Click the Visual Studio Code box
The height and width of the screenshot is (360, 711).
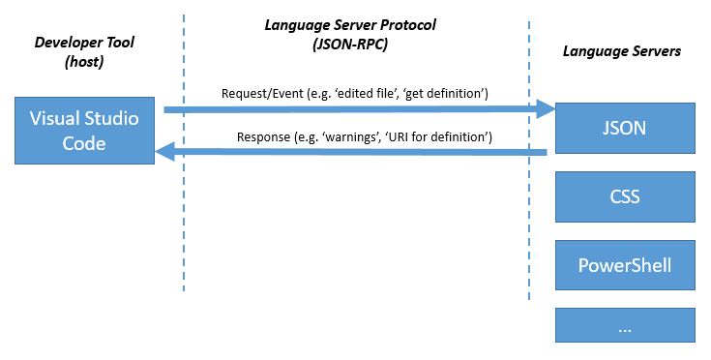84,131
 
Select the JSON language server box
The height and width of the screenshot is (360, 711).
624,128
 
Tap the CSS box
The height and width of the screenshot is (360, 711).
624,196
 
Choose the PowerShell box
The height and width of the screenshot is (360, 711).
624,264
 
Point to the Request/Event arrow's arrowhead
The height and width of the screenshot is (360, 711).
544,111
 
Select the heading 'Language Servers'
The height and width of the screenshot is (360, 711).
622,50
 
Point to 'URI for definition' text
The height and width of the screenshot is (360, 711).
437,137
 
